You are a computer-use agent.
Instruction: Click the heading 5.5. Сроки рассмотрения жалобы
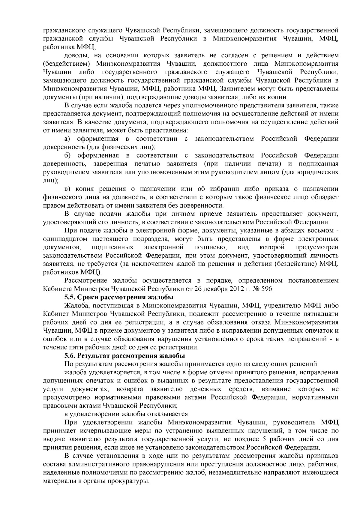(119, 298)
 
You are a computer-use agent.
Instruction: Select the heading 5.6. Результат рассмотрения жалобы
(124, 356)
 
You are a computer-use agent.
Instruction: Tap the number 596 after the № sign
(267, 289)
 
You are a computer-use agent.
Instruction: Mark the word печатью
(147, 164)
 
